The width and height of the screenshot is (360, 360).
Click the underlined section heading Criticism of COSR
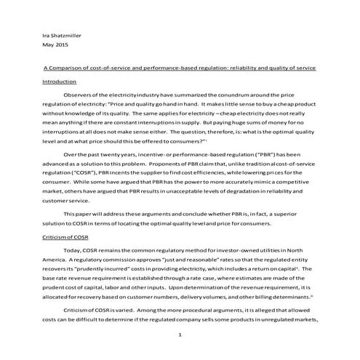64,239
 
